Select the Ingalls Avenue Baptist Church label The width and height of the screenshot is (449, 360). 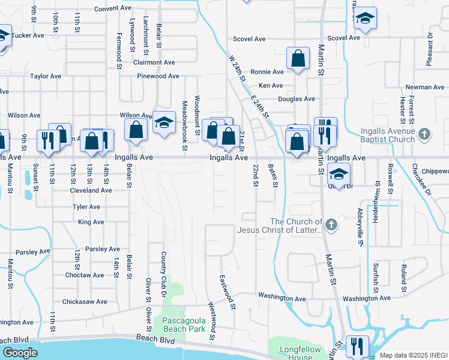click(x=388, y=136)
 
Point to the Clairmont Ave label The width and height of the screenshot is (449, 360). click(x=154, y=62)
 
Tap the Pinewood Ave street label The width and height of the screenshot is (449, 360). click(x=158, y=76)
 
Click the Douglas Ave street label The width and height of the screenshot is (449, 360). click(x=296, y=99)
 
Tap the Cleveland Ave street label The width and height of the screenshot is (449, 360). click(x=91, y=190)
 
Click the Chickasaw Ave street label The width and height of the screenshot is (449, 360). click(x=85, y=302)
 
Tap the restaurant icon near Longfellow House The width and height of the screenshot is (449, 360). click(x=357, y=346)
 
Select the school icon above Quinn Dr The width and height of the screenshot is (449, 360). click(x=339, y=174)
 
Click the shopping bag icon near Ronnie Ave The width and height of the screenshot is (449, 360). click(x=298, y=59)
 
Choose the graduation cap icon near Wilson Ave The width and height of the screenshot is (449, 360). click(x=163, y=123)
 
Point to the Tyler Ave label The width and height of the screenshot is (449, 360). click(x=86, y=206)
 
